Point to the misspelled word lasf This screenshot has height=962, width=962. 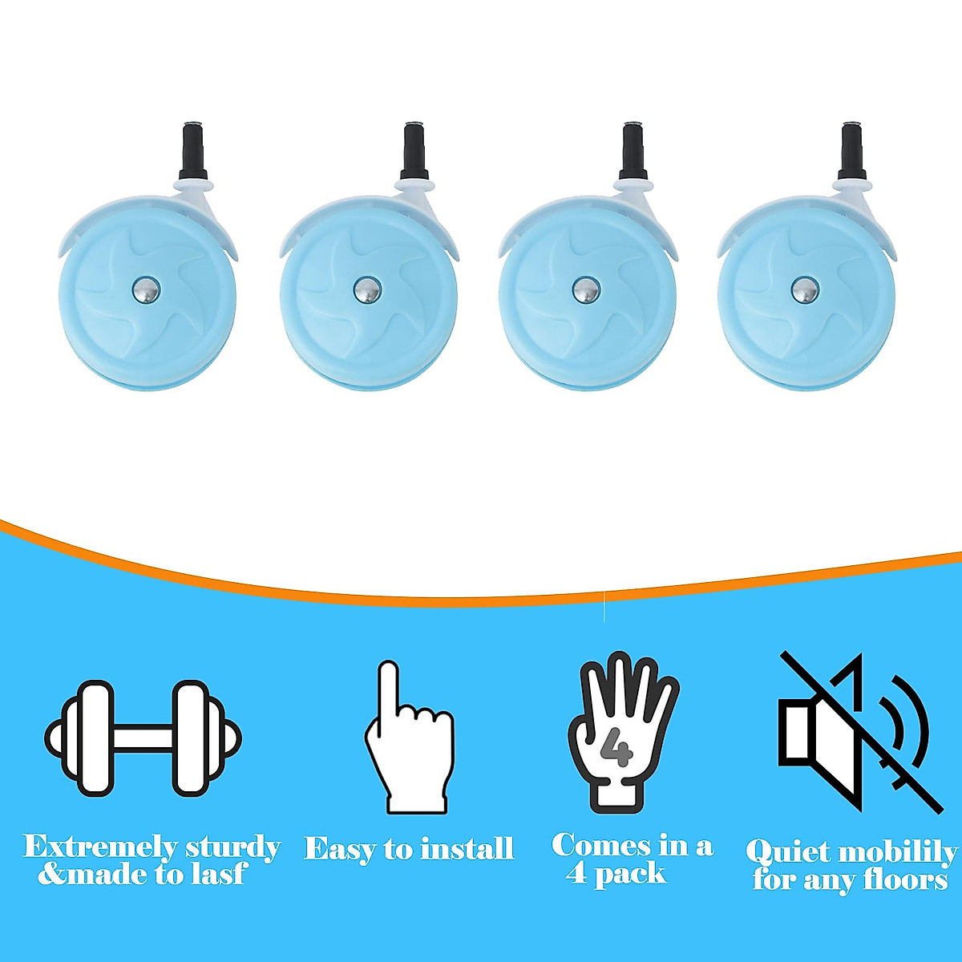216,874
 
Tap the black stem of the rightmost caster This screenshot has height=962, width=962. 848,152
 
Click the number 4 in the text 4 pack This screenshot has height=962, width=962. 576,873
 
